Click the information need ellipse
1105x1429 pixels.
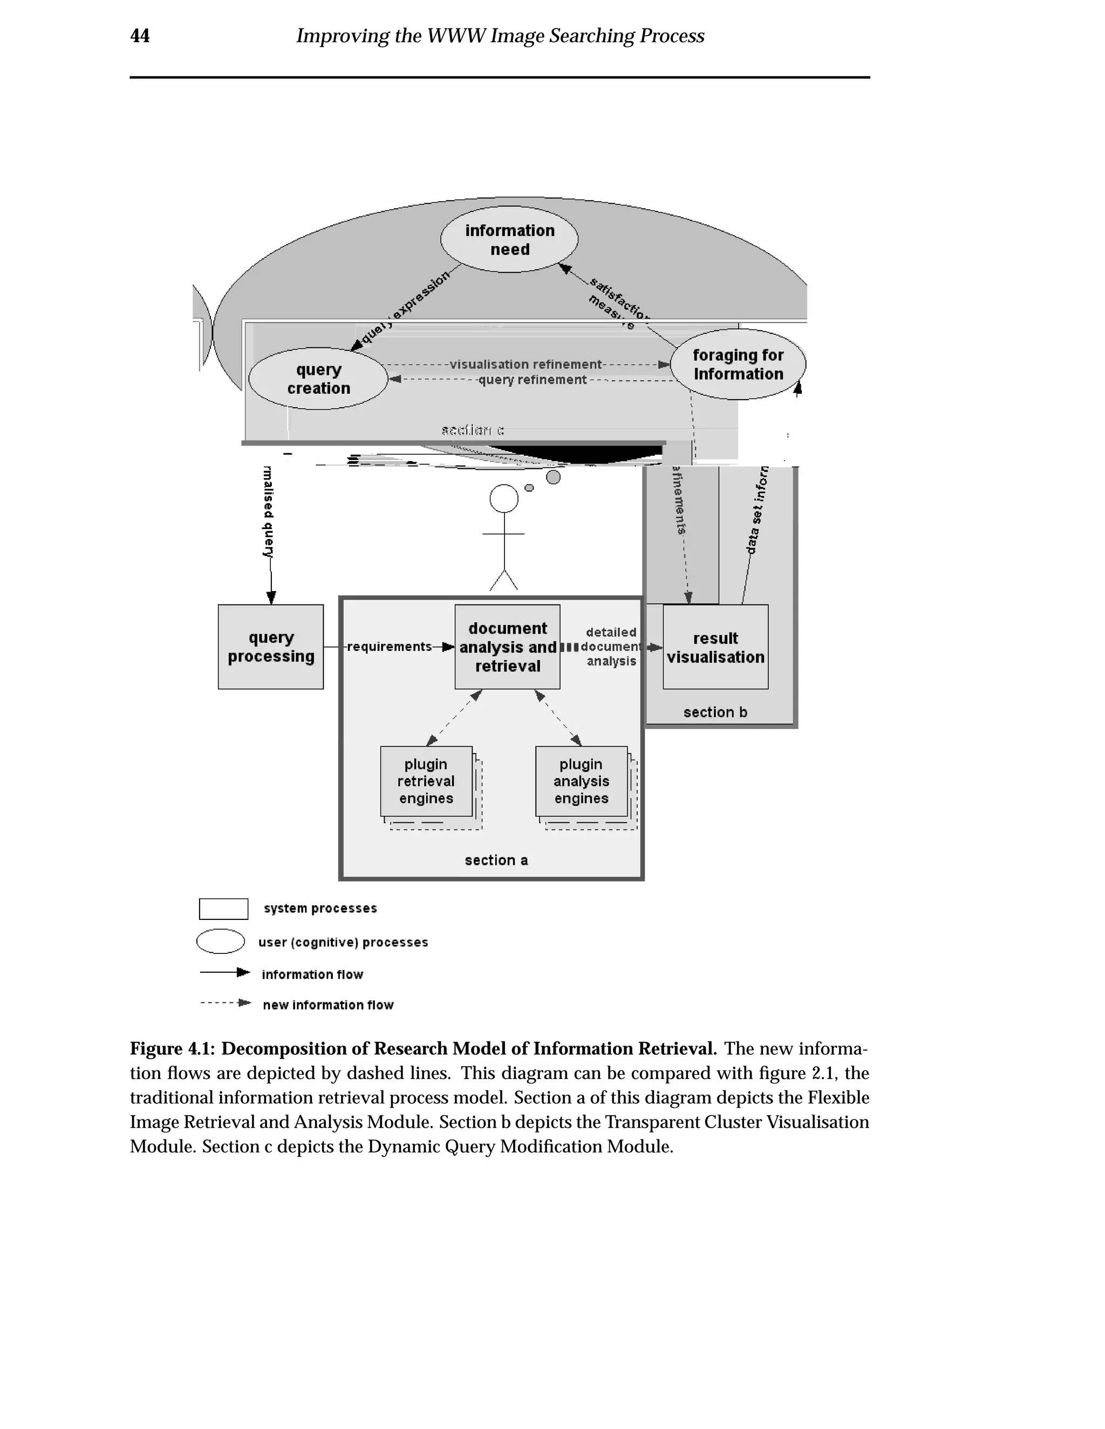point(509,239)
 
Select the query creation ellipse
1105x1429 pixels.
point(318,379)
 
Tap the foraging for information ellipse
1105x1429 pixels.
point(738,365)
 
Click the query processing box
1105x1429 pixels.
point(270,647)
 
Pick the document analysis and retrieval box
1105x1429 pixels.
point(507,647)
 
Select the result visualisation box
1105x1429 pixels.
point(715,647)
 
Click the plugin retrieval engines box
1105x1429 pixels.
point(426,781)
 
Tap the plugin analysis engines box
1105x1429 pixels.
point(581,781)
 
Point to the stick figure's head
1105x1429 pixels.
point(503,499)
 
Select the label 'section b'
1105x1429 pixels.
point(715,712)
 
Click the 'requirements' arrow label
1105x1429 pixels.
point(390,647)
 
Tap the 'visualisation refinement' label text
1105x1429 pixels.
point(525,365)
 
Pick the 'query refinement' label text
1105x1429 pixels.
point(532,380)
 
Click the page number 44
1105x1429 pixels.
point(140,36)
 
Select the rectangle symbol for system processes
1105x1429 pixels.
point(223,909)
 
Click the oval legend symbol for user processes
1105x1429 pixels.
point(221,942)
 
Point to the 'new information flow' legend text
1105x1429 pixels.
point(328,1005)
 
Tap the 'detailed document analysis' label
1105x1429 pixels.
point(611,647)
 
